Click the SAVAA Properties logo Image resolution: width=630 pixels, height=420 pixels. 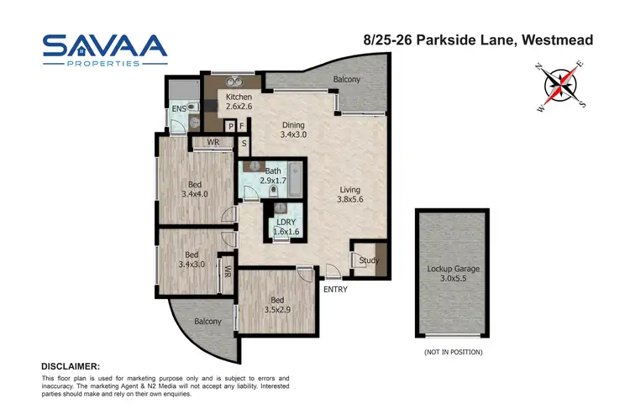tap(105, 50)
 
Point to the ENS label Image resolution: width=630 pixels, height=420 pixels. tap(178, 109)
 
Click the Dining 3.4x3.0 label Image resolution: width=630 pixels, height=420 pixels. tap(293, 129)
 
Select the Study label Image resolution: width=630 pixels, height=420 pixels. tap(369, 260)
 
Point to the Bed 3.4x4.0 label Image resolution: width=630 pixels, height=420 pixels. tap(194, 189)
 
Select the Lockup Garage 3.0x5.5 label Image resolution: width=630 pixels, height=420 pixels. tap(452, 272)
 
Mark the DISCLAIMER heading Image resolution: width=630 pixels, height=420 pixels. tap(71, 366)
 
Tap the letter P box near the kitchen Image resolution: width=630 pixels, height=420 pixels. tap(228, 127)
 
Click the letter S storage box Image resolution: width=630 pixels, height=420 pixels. tap(244, 143)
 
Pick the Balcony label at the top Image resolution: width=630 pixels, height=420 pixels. tap(346, 80)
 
